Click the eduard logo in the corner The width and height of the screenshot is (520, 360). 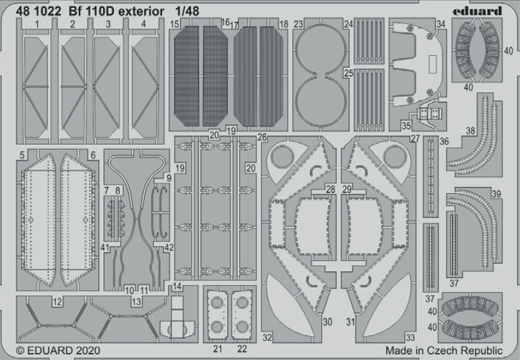click(477, 11)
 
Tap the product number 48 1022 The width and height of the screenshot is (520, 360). click(38, 11)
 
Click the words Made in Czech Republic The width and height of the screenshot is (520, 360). click(444, 350)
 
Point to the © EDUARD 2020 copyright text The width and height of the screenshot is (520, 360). click(58, 350)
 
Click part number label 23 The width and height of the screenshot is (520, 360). click(298, 24)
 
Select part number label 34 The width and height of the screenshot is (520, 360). click(441, 24)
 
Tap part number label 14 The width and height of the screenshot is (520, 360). click(177, 286)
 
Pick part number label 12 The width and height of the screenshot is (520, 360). click(57, 302)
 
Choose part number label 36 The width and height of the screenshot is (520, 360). click(444, 142)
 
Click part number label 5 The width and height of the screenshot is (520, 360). click(22, 155)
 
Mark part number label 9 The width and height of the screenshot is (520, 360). click(169, 178)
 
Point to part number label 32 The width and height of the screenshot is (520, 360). click(267, 338)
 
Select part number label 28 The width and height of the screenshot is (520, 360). click(330, 189)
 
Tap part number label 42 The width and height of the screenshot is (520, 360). click(169, 248)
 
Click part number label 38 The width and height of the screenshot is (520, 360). click(470, 131)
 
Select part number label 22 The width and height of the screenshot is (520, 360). click(242, 349)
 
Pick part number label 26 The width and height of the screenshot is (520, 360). click(262, 137)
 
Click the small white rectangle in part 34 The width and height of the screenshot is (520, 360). click(433, 65)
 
